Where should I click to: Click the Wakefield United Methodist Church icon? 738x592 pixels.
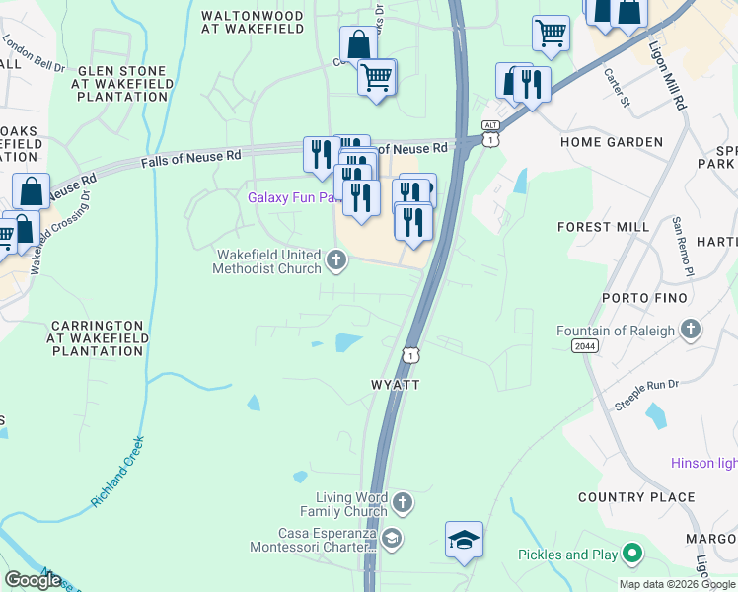[x=336, y=261]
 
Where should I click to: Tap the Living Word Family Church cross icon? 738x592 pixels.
[x=402, y=504]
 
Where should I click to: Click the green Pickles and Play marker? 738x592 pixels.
[x=632, y=555]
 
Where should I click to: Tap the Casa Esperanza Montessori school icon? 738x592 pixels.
[x=392, y=538]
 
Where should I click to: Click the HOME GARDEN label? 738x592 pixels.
[x=612, y=142]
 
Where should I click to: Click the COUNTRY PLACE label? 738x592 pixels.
[x=623, y=497]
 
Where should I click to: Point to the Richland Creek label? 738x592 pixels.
[x=119, y=472]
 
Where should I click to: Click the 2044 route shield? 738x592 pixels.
[x=583, y=344]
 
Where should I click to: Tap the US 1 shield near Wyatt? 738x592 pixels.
[x=409, y=353]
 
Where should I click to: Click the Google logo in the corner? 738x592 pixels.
[x=33, y=580]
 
